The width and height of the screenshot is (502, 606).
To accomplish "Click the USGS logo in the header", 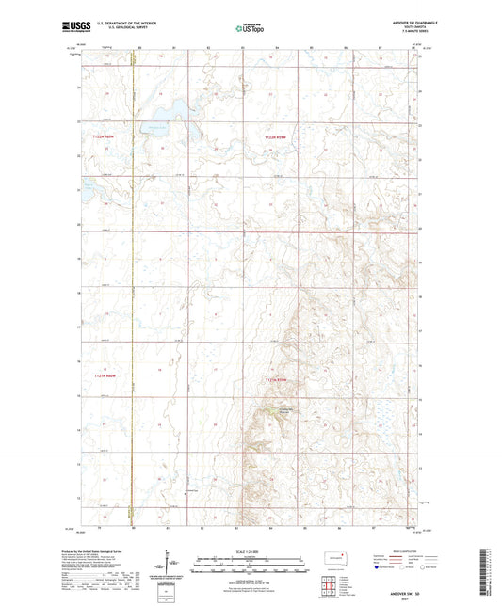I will [72, 29].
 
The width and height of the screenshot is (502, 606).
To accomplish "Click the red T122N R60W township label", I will [108, 138].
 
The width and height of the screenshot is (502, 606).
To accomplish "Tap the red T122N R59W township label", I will [280, 138].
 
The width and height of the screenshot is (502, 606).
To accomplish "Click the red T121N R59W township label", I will [282, 378].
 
